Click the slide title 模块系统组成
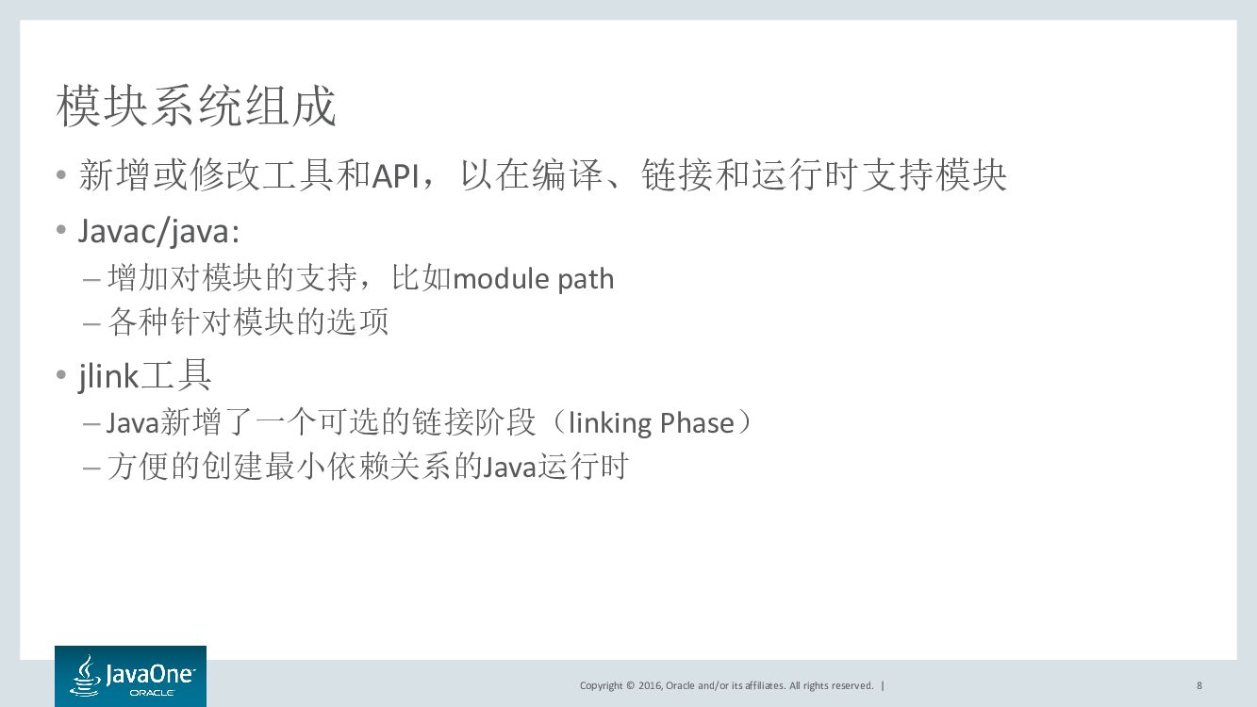(196, 107)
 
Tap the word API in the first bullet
(395, 176)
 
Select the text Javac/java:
(158, 232)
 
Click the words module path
(534, 279)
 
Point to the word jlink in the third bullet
(108, 376)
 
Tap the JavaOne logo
(130, 676)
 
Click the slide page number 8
(1199, 685)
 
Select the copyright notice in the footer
(726, 685)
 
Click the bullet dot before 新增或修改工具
(61, 176)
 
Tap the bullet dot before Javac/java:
(61, 232)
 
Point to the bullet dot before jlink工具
(61, 376)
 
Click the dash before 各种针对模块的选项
(91, 323)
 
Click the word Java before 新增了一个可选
(132, 423)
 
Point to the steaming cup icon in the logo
(85, 676)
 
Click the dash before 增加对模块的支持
(91, 280)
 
